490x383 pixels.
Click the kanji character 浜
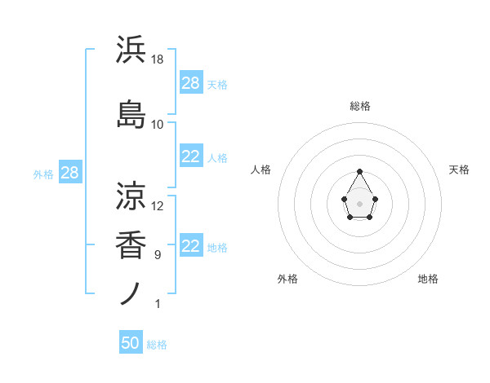131,51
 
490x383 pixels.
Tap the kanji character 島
131,113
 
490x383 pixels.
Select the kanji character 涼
131,195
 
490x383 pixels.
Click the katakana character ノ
131,293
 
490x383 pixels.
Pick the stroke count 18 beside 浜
158,59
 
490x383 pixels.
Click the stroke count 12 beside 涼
158,205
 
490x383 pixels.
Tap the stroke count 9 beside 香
157,255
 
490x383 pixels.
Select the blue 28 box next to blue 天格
190,83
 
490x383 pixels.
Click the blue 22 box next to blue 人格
190,157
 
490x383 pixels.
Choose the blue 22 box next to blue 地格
190,247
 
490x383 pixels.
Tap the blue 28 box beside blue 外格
69,174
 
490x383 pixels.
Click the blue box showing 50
130,344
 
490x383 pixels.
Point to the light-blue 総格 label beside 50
157,345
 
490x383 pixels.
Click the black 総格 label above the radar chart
359,106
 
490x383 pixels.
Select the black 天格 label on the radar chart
459,169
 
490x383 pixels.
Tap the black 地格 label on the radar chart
428,279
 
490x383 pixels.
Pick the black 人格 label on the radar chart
261,169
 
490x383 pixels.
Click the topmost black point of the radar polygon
359,172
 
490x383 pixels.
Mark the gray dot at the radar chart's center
359,203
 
